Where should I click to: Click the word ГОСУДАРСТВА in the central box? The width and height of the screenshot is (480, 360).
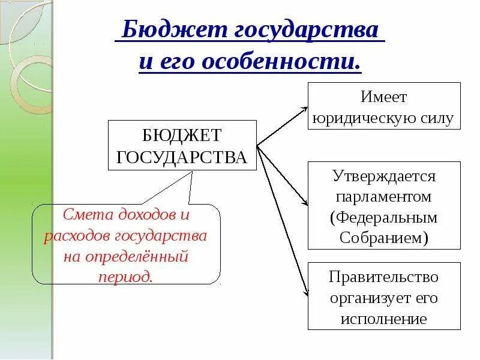tap(182, 157)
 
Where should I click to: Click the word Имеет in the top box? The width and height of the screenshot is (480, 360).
tap(384, 97)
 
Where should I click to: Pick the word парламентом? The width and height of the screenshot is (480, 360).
tap(384, 196)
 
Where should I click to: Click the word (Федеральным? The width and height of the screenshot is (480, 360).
tap(384, 217)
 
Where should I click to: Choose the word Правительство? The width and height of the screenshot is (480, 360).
tap(384, 277)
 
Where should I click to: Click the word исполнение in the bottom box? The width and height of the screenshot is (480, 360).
tap(384, 318)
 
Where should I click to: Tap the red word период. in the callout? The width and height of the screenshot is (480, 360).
tap(127, 276)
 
